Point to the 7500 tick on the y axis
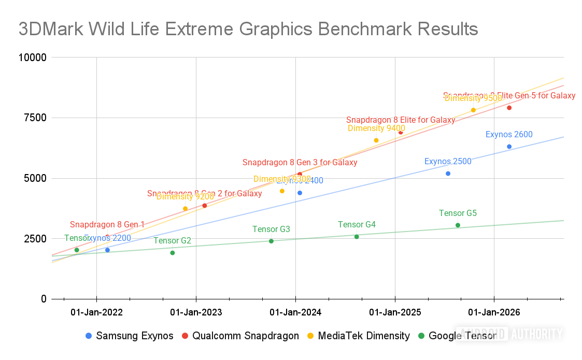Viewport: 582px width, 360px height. pos(32,118)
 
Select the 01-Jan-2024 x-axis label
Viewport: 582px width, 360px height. pos(295,312)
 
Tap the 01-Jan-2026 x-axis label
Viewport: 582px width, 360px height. pos(494,312)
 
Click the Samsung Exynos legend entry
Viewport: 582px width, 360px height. pos(130,336)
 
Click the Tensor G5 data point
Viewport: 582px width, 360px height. pos(458,225)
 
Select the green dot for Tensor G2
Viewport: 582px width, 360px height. pos(173,253)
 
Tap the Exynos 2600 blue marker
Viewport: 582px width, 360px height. pos(509,147)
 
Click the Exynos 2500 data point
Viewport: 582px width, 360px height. pos(448,174)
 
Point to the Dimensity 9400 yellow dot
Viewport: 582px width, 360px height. pos(376,140)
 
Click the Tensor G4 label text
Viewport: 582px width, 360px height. pos(357,225)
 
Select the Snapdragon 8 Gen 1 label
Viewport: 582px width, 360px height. pos(107,225)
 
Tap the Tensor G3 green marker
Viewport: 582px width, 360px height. pos(271,241)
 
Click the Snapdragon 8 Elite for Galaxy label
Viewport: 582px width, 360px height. pos(401,120)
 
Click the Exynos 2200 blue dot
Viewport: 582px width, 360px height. pos(107,250)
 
